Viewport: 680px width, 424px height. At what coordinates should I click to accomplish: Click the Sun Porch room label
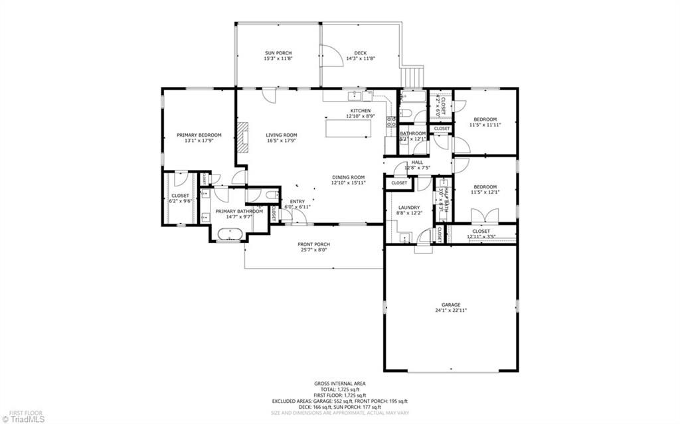[278, 53]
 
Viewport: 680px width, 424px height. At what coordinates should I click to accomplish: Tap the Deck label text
[360, 53]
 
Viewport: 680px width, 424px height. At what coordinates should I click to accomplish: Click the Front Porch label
[313, 244]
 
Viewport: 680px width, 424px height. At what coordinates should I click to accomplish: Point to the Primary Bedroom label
[199, 135]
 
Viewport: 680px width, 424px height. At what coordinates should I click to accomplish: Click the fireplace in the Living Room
[244, 137]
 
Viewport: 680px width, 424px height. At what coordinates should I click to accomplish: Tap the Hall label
[417, 162]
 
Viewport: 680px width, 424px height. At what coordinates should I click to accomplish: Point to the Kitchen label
[361, 111]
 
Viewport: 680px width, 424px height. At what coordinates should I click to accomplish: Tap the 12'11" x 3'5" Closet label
[481, 231]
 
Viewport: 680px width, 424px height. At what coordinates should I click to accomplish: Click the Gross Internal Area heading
[339, 384]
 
